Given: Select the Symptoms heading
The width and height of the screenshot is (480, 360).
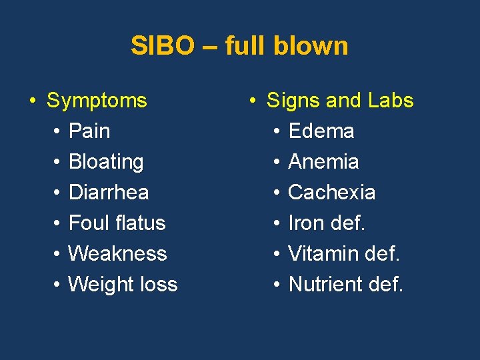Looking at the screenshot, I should coord(97,101).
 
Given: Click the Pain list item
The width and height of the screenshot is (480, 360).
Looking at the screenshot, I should coord(89,131).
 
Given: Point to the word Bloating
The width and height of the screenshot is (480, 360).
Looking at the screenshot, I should coord(106,161).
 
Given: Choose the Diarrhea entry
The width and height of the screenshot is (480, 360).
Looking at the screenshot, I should coord(109,192).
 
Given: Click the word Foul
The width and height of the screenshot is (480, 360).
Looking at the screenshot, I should coord(87,223).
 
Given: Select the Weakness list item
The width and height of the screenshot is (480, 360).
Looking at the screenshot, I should coord(117,253).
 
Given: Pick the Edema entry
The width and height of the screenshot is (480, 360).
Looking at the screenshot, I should coord(321,131).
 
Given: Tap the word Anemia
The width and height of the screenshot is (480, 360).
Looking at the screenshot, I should coord(323,161).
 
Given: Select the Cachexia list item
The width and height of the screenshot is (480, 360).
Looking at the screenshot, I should coord(331,192).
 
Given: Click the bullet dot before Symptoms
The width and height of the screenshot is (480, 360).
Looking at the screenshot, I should coord(32,101).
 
